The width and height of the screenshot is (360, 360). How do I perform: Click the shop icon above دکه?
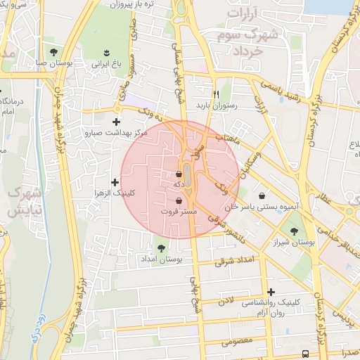coord(179,174)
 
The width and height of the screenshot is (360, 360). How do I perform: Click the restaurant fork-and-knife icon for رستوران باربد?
coord(217,94)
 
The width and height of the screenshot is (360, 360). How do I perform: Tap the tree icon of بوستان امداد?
coord(162,247)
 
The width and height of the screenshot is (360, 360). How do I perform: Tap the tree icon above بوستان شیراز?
coord(294,231)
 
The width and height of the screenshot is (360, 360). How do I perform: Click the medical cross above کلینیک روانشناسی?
coord(271,292)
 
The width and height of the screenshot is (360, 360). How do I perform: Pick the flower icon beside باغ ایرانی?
coord(106,52)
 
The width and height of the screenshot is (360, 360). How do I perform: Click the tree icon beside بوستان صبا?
coord(53,52)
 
